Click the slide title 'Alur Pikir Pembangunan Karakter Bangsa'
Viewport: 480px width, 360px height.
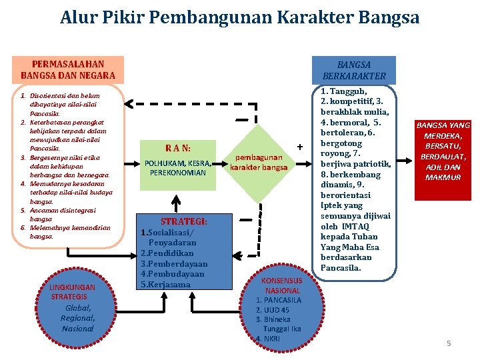click(x=239, y=17)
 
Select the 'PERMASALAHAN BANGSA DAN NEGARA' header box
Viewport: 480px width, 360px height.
click(x=68, y=69)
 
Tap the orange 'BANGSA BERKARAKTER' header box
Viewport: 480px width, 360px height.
click(x=353, y=69)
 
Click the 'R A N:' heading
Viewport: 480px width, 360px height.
click(x=178, y=147)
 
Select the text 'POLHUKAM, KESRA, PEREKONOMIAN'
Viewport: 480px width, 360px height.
click(x=178, y=167)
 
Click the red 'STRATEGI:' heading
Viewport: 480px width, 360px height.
click(x=183, y=221)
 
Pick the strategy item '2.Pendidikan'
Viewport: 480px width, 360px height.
click(x=166, y=253)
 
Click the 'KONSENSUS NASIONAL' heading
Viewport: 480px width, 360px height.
click(x=282, y=285)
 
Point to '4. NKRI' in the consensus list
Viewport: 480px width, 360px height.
click(x=269, y=339)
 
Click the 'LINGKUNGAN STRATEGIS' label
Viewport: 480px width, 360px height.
click(x=73, y=291)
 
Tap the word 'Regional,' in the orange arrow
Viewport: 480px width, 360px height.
click(x=78, y=318)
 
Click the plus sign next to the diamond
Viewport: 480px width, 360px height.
click(x=300, y=146)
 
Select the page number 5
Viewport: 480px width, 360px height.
click(x=449, y=343)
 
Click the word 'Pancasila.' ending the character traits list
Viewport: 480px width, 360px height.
click(x=341, y=268)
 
